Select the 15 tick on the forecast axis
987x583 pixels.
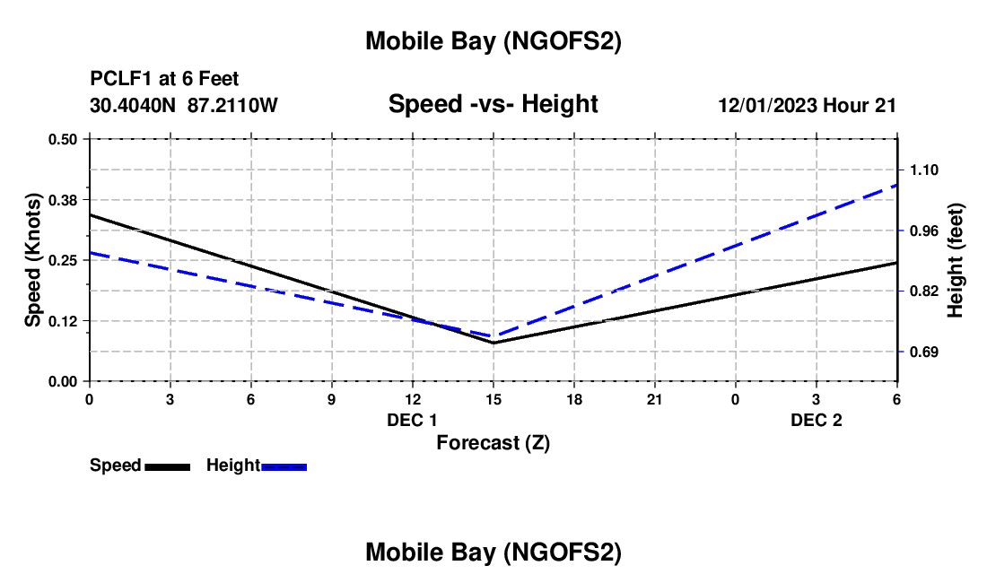pos(493,398)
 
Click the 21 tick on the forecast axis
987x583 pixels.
pos(654,398)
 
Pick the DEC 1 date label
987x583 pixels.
pos(412,421)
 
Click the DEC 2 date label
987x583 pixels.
pos(816,421)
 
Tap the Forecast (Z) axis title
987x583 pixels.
pos(493,443)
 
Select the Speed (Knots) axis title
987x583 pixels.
pos(33,260)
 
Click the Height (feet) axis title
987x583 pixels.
pos(956,260)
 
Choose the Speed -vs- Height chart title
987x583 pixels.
pos(493,104)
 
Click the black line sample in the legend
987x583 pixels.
pos(167,466)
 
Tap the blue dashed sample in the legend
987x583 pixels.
pos(284,466)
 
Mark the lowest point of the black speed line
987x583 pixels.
pos(493,343)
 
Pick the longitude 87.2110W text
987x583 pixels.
pos(232,105)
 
